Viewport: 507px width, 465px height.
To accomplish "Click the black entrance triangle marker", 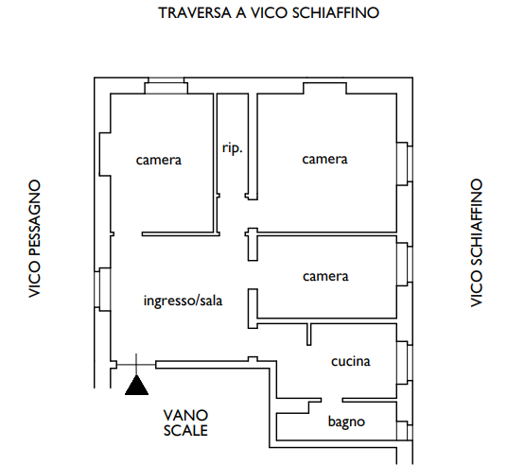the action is tap(136, 387).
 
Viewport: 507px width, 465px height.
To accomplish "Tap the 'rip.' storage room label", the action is tap(232, 148).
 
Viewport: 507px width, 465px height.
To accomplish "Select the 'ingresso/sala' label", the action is tap(183, 301).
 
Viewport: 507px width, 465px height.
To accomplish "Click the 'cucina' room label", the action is tap(351, 361).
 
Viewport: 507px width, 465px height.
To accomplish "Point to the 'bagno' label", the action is tap(346, 422).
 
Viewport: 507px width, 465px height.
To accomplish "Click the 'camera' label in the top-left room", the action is tap(159, 161).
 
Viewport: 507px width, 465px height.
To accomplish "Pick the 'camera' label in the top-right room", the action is tap(324, 160).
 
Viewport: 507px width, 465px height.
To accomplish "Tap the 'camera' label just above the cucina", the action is tap(325, 277).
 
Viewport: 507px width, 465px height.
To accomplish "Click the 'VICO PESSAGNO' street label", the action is tap(35, 239).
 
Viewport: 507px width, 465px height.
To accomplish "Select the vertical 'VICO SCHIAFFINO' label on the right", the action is tap(476, 243).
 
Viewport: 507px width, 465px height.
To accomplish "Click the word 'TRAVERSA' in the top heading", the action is tap(195, 13).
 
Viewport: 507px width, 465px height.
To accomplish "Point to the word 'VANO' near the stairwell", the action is tap(185, 416).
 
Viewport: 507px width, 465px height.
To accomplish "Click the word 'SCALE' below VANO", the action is tap(185, 430).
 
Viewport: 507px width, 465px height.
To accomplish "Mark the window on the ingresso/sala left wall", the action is tap(102, 289).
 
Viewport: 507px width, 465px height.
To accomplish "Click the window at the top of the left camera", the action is tap(166, 86).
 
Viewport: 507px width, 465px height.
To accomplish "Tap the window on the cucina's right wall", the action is tap(405, 363).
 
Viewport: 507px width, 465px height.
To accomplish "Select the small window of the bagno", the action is tap(405, 430).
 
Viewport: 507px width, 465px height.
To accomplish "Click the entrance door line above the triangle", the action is tap(136, 365).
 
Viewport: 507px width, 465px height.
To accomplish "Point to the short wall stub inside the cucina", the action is tap(308, 335).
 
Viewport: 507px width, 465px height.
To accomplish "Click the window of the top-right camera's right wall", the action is tap(405, 164).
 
